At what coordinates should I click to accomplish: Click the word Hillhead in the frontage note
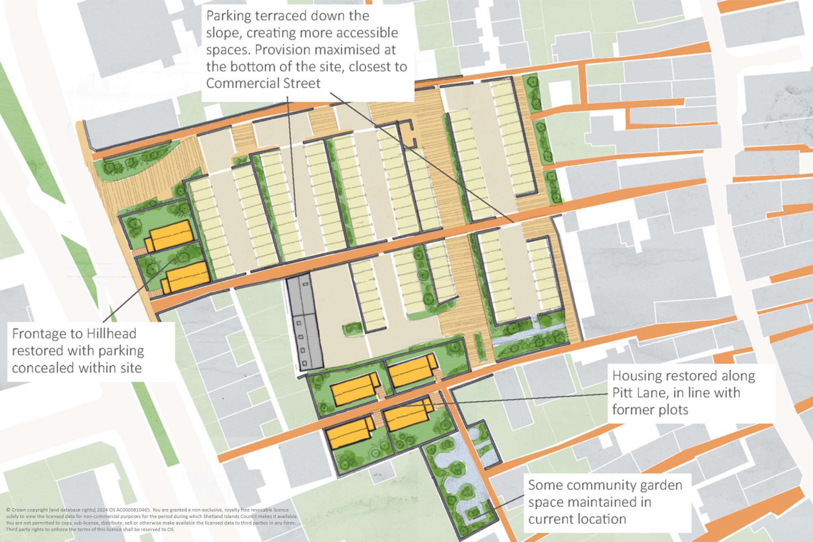pos(111,333)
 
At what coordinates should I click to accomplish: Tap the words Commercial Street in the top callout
pos(263,83)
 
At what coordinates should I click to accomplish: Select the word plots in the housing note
pos(670,409)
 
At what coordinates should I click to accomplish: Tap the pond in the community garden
pos(455,468)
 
